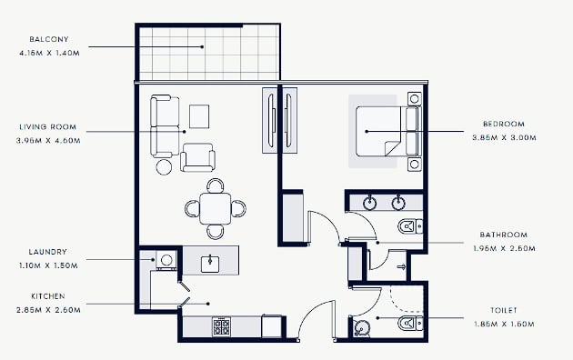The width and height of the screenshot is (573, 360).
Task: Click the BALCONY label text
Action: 49,39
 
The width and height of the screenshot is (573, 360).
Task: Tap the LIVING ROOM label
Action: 48,127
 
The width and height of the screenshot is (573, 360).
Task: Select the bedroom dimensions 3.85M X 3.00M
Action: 504,138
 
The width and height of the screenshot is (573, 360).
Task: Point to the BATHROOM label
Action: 504,235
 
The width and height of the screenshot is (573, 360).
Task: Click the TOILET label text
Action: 504,310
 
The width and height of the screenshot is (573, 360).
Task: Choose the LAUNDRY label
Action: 48,252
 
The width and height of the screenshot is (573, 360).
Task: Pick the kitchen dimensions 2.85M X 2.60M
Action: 48,310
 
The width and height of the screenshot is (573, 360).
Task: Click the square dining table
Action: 216,208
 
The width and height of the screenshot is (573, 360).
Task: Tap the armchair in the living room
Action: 197,157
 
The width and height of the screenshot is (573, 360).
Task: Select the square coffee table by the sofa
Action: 199,116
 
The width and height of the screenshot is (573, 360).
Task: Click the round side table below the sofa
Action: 164,167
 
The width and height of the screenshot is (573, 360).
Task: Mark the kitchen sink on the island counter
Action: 210,264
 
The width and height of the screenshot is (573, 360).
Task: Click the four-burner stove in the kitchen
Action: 221,326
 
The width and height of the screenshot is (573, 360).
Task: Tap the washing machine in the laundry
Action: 166,260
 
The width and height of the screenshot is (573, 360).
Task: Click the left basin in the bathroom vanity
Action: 370,204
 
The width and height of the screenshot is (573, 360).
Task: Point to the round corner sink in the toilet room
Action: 361,328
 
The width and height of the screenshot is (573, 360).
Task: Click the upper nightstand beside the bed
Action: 415,99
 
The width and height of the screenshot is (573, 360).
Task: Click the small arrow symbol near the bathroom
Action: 402,267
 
